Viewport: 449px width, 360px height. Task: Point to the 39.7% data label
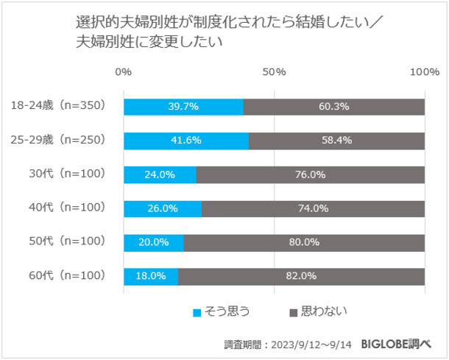pyautogui.click(x=183, y=107)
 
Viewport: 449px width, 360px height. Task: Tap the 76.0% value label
pyautogui.click(x=310, y=174)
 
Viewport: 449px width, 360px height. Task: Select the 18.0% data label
pyautogui.click(x=151, y=276)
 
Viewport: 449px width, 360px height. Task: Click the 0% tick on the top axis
pyautogui.click(x=124, y=71)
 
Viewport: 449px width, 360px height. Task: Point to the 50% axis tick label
pyautogui.click(x=274, y=71)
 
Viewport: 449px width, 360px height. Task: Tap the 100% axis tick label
pyautogui.click(x=424, y=71)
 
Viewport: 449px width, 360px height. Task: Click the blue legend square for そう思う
pyautogui.click(x=197, y=312)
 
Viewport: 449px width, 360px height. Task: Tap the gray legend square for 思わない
pyautogui.click(x=294, y=312)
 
